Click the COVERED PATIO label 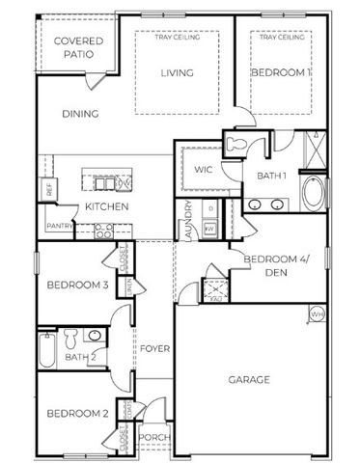click(73, 47)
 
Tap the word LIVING click(177, 73)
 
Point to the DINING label click(81, 115)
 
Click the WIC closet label click(203, 170)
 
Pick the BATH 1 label click(272, 175)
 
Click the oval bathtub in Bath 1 click(314, 194)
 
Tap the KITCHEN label click(101, 207)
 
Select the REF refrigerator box click(48, 190)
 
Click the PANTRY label click(59, 228)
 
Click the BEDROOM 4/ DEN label click(274, 265)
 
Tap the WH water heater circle click(316, 313)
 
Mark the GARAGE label click(249, 379)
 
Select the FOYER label click(154, 348)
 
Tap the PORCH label click(154, 438)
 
